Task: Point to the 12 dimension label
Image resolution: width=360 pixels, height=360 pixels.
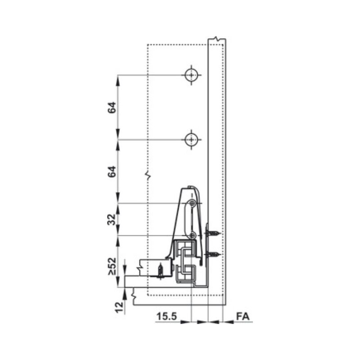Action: [119, 307]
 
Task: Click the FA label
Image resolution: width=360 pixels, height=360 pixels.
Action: [243, 316]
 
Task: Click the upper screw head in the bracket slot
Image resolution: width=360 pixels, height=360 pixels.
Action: [193, 204]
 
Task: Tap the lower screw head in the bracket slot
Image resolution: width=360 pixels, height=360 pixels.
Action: [193, 235]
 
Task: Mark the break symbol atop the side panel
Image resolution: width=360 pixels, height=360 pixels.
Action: [217, 40]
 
